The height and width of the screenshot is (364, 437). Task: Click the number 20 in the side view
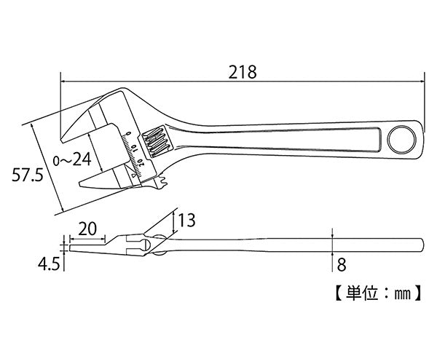point(87,228)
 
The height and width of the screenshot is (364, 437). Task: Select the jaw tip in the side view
point(72,247)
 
